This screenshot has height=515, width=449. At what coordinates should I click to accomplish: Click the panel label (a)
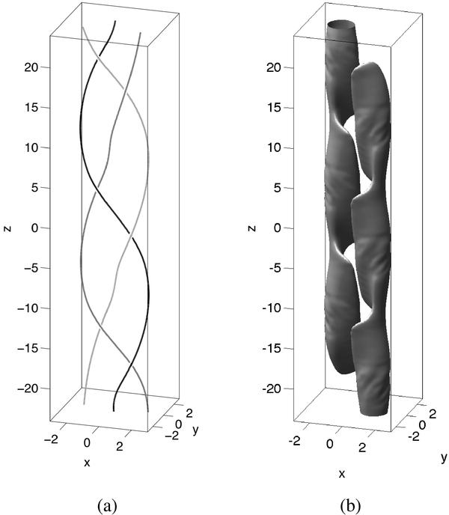click(x=108, y=505)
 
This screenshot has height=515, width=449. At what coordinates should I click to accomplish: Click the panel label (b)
click(x=351, y=505)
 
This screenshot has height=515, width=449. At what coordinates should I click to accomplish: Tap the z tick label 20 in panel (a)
click(x=31, y=67)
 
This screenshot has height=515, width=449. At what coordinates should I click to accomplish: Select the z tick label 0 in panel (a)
click(x=35, y=228)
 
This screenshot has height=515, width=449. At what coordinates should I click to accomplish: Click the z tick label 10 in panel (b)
click(x=275, y=147)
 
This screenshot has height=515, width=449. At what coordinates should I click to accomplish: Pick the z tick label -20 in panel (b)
click(x=272, y=388)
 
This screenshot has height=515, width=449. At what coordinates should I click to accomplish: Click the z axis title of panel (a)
click(x=7, y=228)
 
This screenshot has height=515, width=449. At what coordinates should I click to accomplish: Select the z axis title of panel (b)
click(x=251, y=228)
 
